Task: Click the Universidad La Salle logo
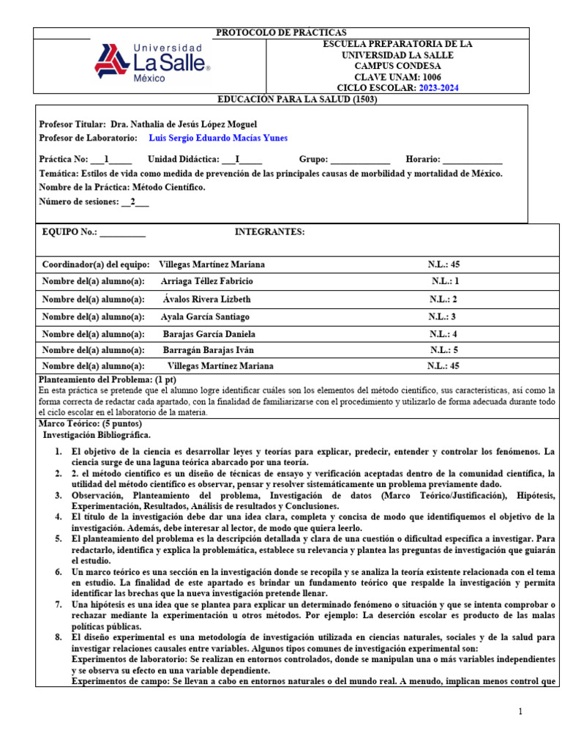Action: click(x=151, y=61)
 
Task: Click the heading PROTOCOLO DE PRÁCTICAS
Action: click(x=280, y=33)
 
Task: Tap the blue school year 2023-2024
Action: click(x=439, y=88)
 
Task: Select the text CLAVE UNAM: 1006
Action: click(x=398, y=77)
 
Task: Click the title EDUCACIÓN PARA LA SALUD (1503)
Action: click(x=297, y=99)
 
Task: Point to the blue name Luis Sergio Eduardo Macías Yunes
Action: click(x=218, y=138)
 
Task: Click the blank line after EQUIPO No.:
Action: click(x=122, y=232)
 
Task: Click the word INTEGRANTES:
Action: click(x=269, y=231)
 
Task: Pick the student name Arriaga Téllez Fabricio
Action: click(x=206, y=281)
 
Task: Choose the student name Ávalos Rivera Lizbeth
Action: click(x=207, y=299)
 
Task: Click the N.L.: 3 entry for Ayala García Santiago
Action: click(x=443, y=316)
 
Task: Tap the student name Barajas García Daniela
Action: click(x=209, y=333)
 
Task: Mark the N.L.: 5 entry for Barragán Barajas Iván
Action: click(x=444, y=350)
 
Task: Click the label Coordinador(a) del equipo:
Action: click(x=96, y=264)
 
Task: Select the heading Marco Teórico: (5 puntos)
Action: click(x=91, y=424)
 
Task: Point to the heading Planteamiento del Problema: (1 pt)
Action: click(x=107, y=380)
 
